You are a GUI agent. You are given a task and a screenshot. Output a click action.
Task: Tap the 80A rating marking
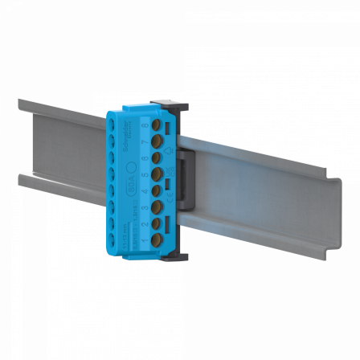133,187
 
